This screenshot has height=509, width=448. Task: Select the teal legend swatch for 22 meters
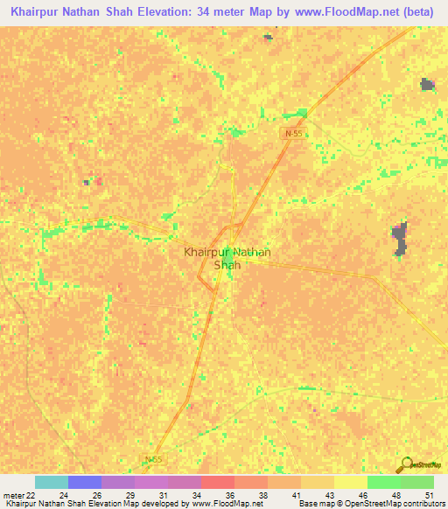(52, 482)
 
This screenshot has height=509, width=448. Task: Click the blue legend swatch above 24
(85, 482)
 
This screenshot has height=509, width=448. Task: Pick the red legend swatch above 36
(217, 482)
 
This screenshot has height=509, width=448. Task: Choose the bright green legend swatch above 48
(383, 482)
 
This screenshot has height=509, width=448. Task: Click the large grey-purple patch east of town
(400, 239)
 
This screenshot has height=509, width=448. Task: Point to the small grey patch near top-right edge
(427, 84)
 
